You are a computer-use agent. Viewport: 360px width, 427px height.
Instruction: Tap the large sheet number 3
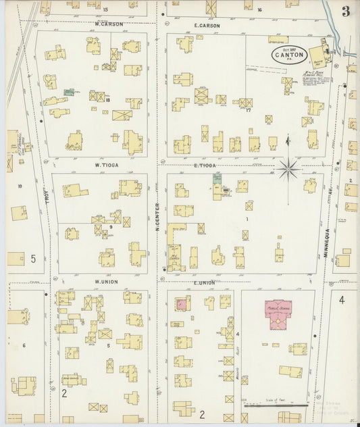pos(345,11)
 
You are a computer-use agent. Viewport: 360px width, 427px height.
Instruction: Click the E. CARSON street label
pos(207,26)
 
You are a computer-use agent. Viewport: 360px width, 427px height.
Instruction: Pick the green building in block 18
pos(69,91)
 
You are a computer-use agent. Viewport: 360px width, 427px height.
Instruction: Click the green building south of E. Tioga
pos(217,178)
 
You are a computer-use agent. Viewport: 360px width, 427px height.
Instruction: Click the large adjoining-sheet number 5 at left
pos(32,258)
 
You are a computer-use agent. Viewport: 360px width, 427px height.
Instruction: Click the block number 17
pos(248,109)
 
